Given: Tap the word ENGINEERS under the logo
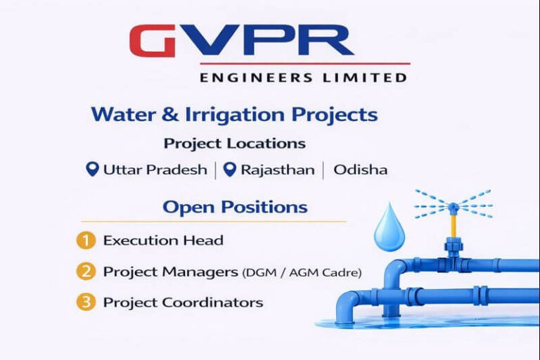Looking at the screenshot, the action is pyautogui.click(x=256, y=77).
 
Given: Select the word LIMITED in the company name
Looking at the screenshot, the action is pyautogui.click(x=365, y=77).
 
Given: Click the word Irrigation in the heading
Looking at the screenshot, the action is pyautogui.click(x=235, y=115).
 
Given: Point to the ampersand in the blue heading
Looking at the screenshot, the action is pyautogui.click(x=169, y=115).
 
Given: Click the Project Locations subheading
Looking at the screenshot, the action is pyautogui.click(x=235, y=143).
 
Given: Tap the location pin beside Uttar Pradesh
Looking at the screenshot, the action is pyautogui.click(x=92, y=169).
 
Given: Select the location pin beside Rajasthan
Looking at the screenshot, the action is pyautogui.click(x=230, y=169).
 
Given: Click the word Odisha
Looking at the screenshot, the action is pyautogui.click(x=361, y=169).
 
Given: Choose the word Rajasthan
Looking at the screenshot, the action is pyautogui.click(x=278, y=170).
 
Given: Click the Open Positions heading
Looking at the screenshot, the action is pyautogui.click(x=235, y=207).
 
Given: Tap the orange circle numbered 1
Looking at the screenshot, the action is pyautogui.click(x=86, y=240).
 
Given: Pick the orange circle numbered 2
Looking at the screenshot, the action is pyautogui.click(x=86, y=271).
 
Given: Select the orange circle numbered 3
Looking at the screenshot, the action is pyautogui.click(x=86, y=302).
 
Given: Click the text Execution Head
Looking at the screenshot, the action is pyautogui.click(x=163, y=240).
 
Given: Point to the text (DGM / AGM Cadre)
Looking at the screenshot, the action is pyautogui.click(x=302, y=273).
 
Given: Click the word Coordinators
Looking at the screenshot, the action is pyautogui.click(x=212, y=302).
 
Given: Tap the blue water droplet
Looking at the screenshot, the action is pyautogui.click(x=390, y=227).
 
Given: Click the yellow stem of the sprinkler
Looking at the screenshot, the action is pyautogui.click(x=454, y=225).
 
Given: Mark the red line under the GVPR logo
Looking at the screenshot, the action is pyautogui.click(x=305, y=64).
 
